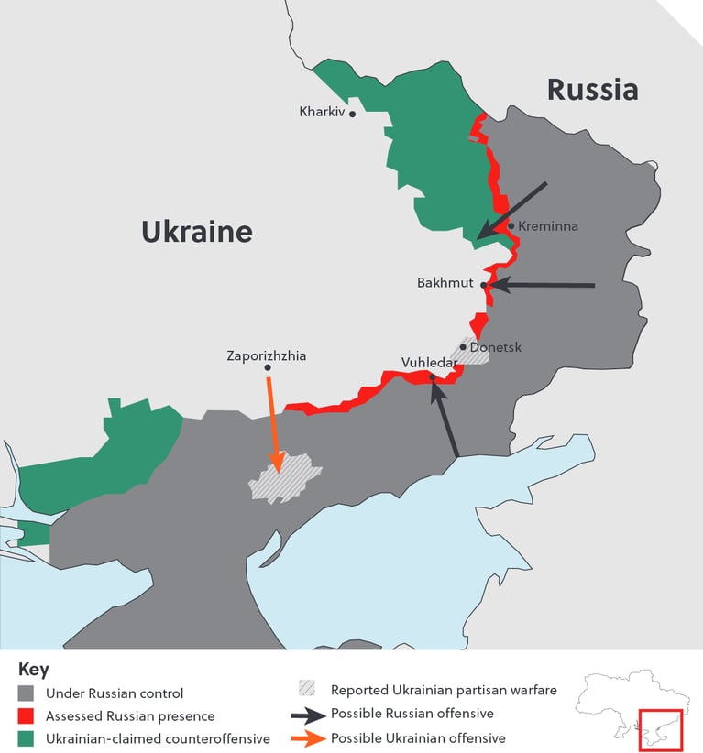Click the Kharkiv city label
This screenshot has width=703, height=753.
coord(320,112)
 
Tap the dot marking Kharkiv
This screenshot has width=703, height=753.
coord(352,115)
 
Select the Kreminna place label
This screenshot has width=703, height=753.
coord(547,226)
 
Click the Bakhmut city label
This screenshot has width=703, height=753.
coord(445,283)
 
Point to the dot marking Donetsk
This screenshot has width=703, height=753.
coord(463,347)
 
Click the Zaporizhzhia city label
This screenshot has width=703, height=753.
coord(267,355)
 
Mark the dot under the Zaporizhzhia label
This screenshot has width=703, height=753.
coord(268,368)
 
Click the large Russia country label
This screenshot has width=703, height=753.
coord(592,90)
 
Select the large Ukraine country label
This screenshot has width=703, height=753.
coord(196,231)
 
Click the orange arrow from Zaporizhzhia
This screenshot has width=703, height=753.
coord(272,421)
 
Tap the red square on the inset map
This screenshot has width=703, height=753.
coord(660,730)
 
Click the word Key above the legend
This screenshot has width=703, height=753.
coord(34,670)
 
